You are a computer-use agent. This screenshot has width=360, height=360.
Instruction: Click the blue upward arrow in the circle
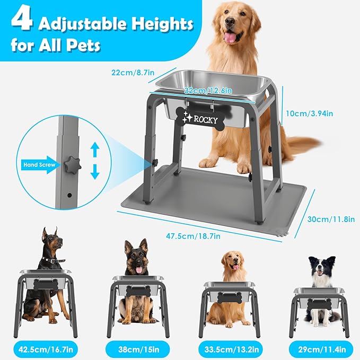pyautogui.click(x=95, y=150)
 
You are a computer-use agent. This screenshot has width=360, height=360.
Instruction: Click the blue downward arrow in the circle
pyautogui.click(x=95, y=172)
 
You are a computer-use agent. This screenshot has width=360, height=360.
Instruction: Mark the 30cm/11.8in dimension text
pyautogui.click(x=330, y=218)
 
